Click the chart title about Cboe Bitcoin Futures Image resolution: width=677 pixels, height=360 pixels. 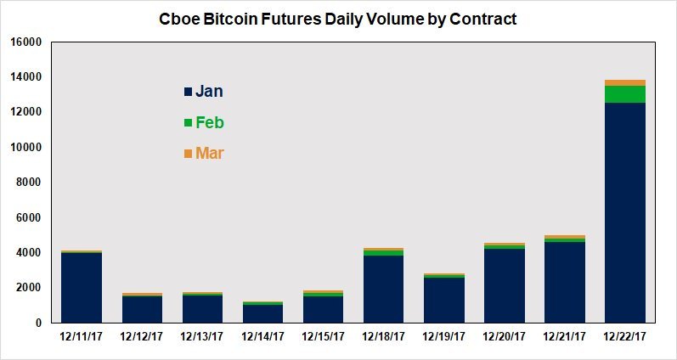click(x=337, y=18)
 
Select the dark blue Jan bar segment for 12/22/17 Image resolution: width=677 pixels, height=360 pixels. click(x=624, y=212)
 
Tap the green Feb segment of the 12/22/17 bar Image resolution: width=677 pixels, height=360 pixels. click(x=624, y=94)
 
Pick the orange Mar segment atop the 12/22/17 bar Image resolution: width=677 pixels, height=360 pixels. click(x=624, y=82)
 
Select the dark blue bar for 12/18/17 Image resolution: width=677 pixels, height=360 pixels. click(x=383, y=289)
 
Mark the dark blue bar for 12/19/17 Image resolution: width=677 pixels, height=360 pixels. click(x=443, y=300)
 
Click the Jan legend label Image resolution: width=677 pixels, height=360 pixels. click(x=209, y=92)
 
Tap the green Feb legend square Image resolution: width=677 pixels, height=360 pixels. click(x=189, y=123)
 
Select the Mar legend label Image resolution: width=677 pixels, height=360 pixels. click(x=210, y=154)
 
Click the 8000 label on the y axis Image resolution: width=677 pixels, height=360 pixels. click(x=29, y=183)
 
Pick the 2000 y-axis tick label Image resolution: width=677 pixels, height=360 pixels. click(x=29, y=288)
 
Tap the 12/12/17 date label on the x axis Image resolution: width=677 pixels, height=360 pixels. click(x=142, y=337)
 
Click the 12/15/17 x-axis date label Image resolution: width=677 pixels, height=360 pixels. click(x=323, y=337)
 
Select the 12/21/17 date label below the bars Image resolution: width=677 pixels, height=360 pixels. click(x=564, y=337)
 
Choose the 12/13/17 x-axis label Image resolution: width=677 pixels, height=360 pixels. click(x=202, y=337)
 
